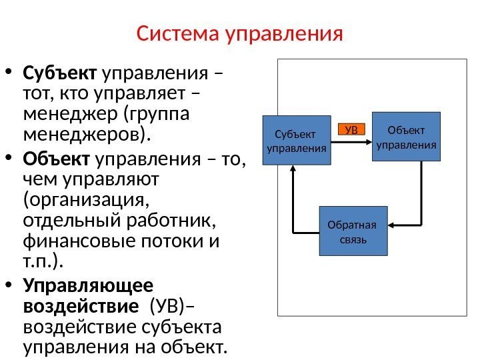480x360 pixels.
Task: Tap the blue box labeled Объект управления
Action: coord(407,137)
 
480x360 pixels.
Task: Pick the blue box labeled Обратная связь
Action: coord(353,231)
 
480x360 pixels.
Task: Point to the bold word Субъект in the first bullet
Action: coord(61,71)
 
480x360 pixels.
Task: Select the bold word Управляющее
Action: coord(88,285)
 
